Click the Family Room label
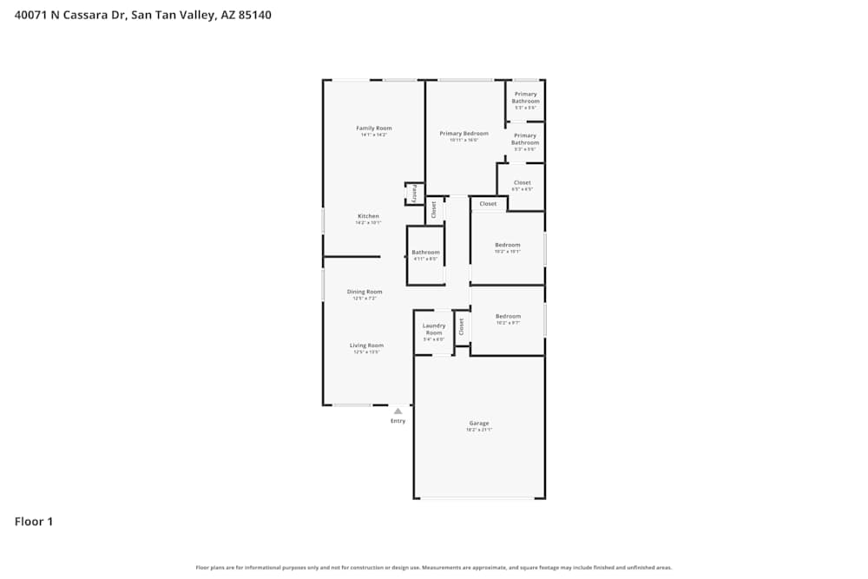374,128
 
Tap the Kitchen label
368,216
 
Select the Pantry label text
414,193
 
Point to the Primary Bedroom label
464,134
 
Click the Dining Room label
365,292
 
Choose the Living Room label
367,345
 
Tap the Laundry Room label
434,330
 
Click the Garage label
479,424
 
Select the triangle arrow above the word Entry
398,411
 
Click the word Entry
398,421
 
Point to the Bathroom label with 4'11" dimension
425,253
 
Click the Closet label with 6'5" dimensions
522,183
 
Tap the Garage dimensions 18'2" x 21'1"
479,431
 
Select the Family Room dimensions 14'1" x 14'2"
374,135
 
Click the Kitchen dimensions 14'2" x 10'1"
368,223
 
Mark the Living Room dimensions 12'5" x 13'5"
367,352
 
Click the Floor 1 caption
34,522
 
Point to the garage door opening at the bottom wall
478,497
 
